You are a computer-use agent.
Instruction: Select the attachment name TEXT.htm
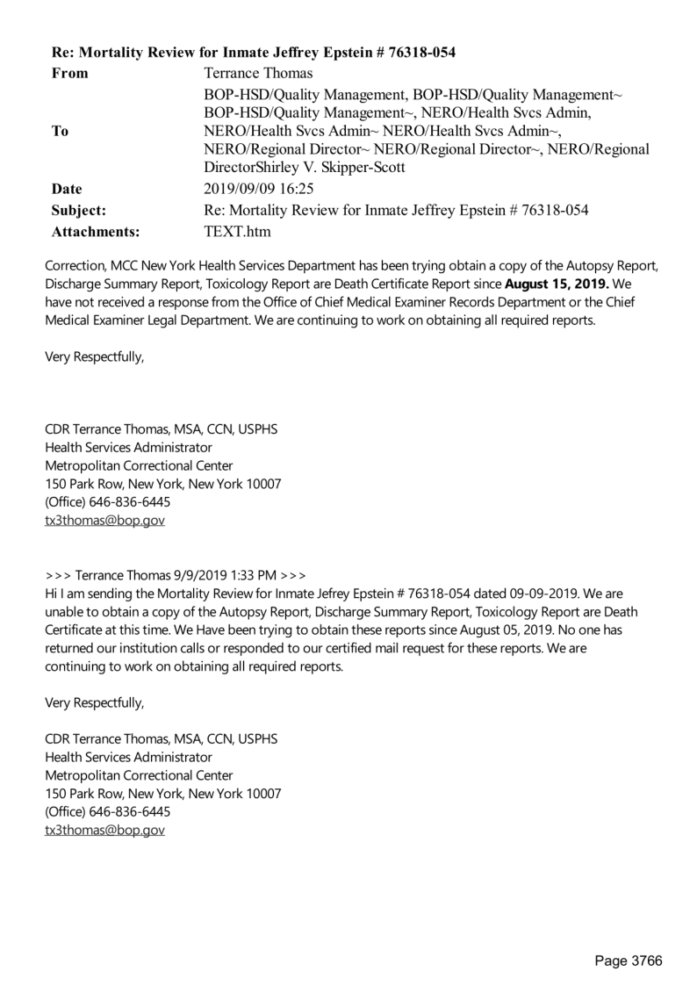(x=237, y=232)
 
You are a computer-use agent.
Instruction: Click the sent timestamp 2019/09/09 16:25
(x=259, y=188)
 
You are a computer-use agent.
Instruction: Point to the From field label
(x=70, y=73)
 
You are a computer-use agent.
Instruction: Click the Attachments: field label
(x=96, y=232)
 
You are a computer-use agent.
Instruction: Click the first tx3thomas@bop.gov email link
(x=104, y=520)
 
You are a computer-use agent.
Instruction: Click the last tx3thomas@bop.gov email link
(x=104, y=829)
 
